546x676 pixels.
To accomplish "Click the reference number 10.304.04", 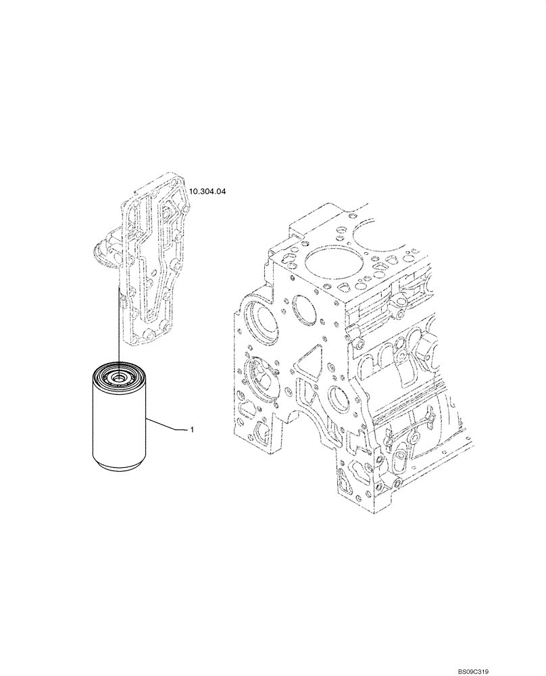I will click(x=207, y=192).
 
